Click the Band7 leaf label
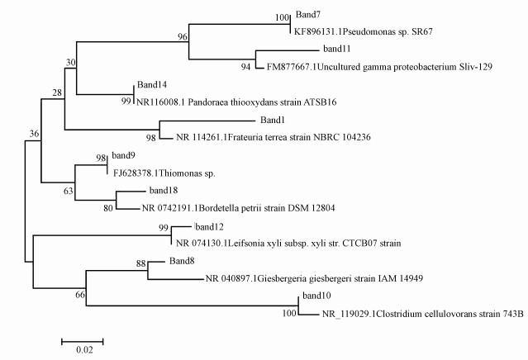311,17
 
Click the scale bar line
83,339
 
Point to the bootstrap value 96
183,36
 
